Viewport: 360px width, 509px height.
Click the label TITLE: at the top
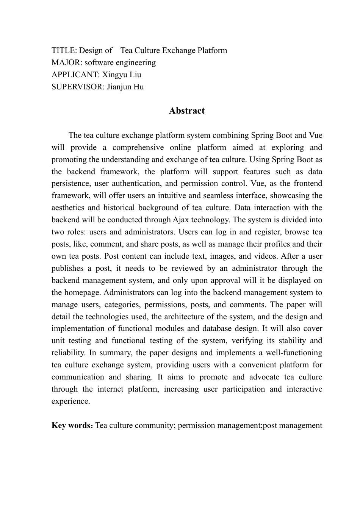(x=64, y=50)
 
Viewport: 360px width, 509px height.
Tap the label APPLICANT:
(x=75, y=75)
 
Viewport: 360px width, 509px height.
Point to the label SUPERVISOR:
(x=78, y=87)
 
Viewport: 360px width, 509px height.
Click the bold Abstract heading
(x=187, y=111)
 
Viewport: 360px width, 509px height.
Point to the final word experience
(x=70, y=401)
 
